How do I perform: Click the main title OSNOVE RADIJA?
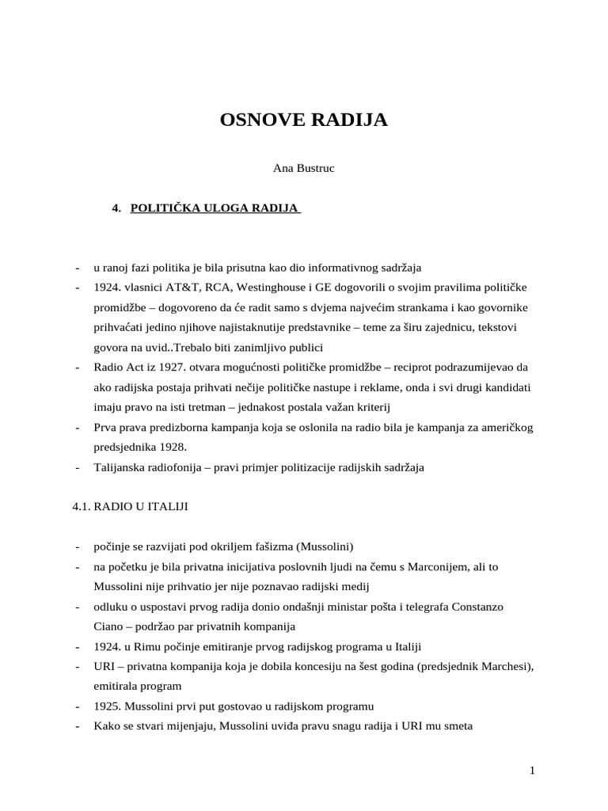click(x=304, y=120)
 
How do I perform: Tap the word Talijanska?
click(x=119, y=467)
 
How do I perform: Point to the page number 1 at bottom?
click(x=534, y=771)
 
